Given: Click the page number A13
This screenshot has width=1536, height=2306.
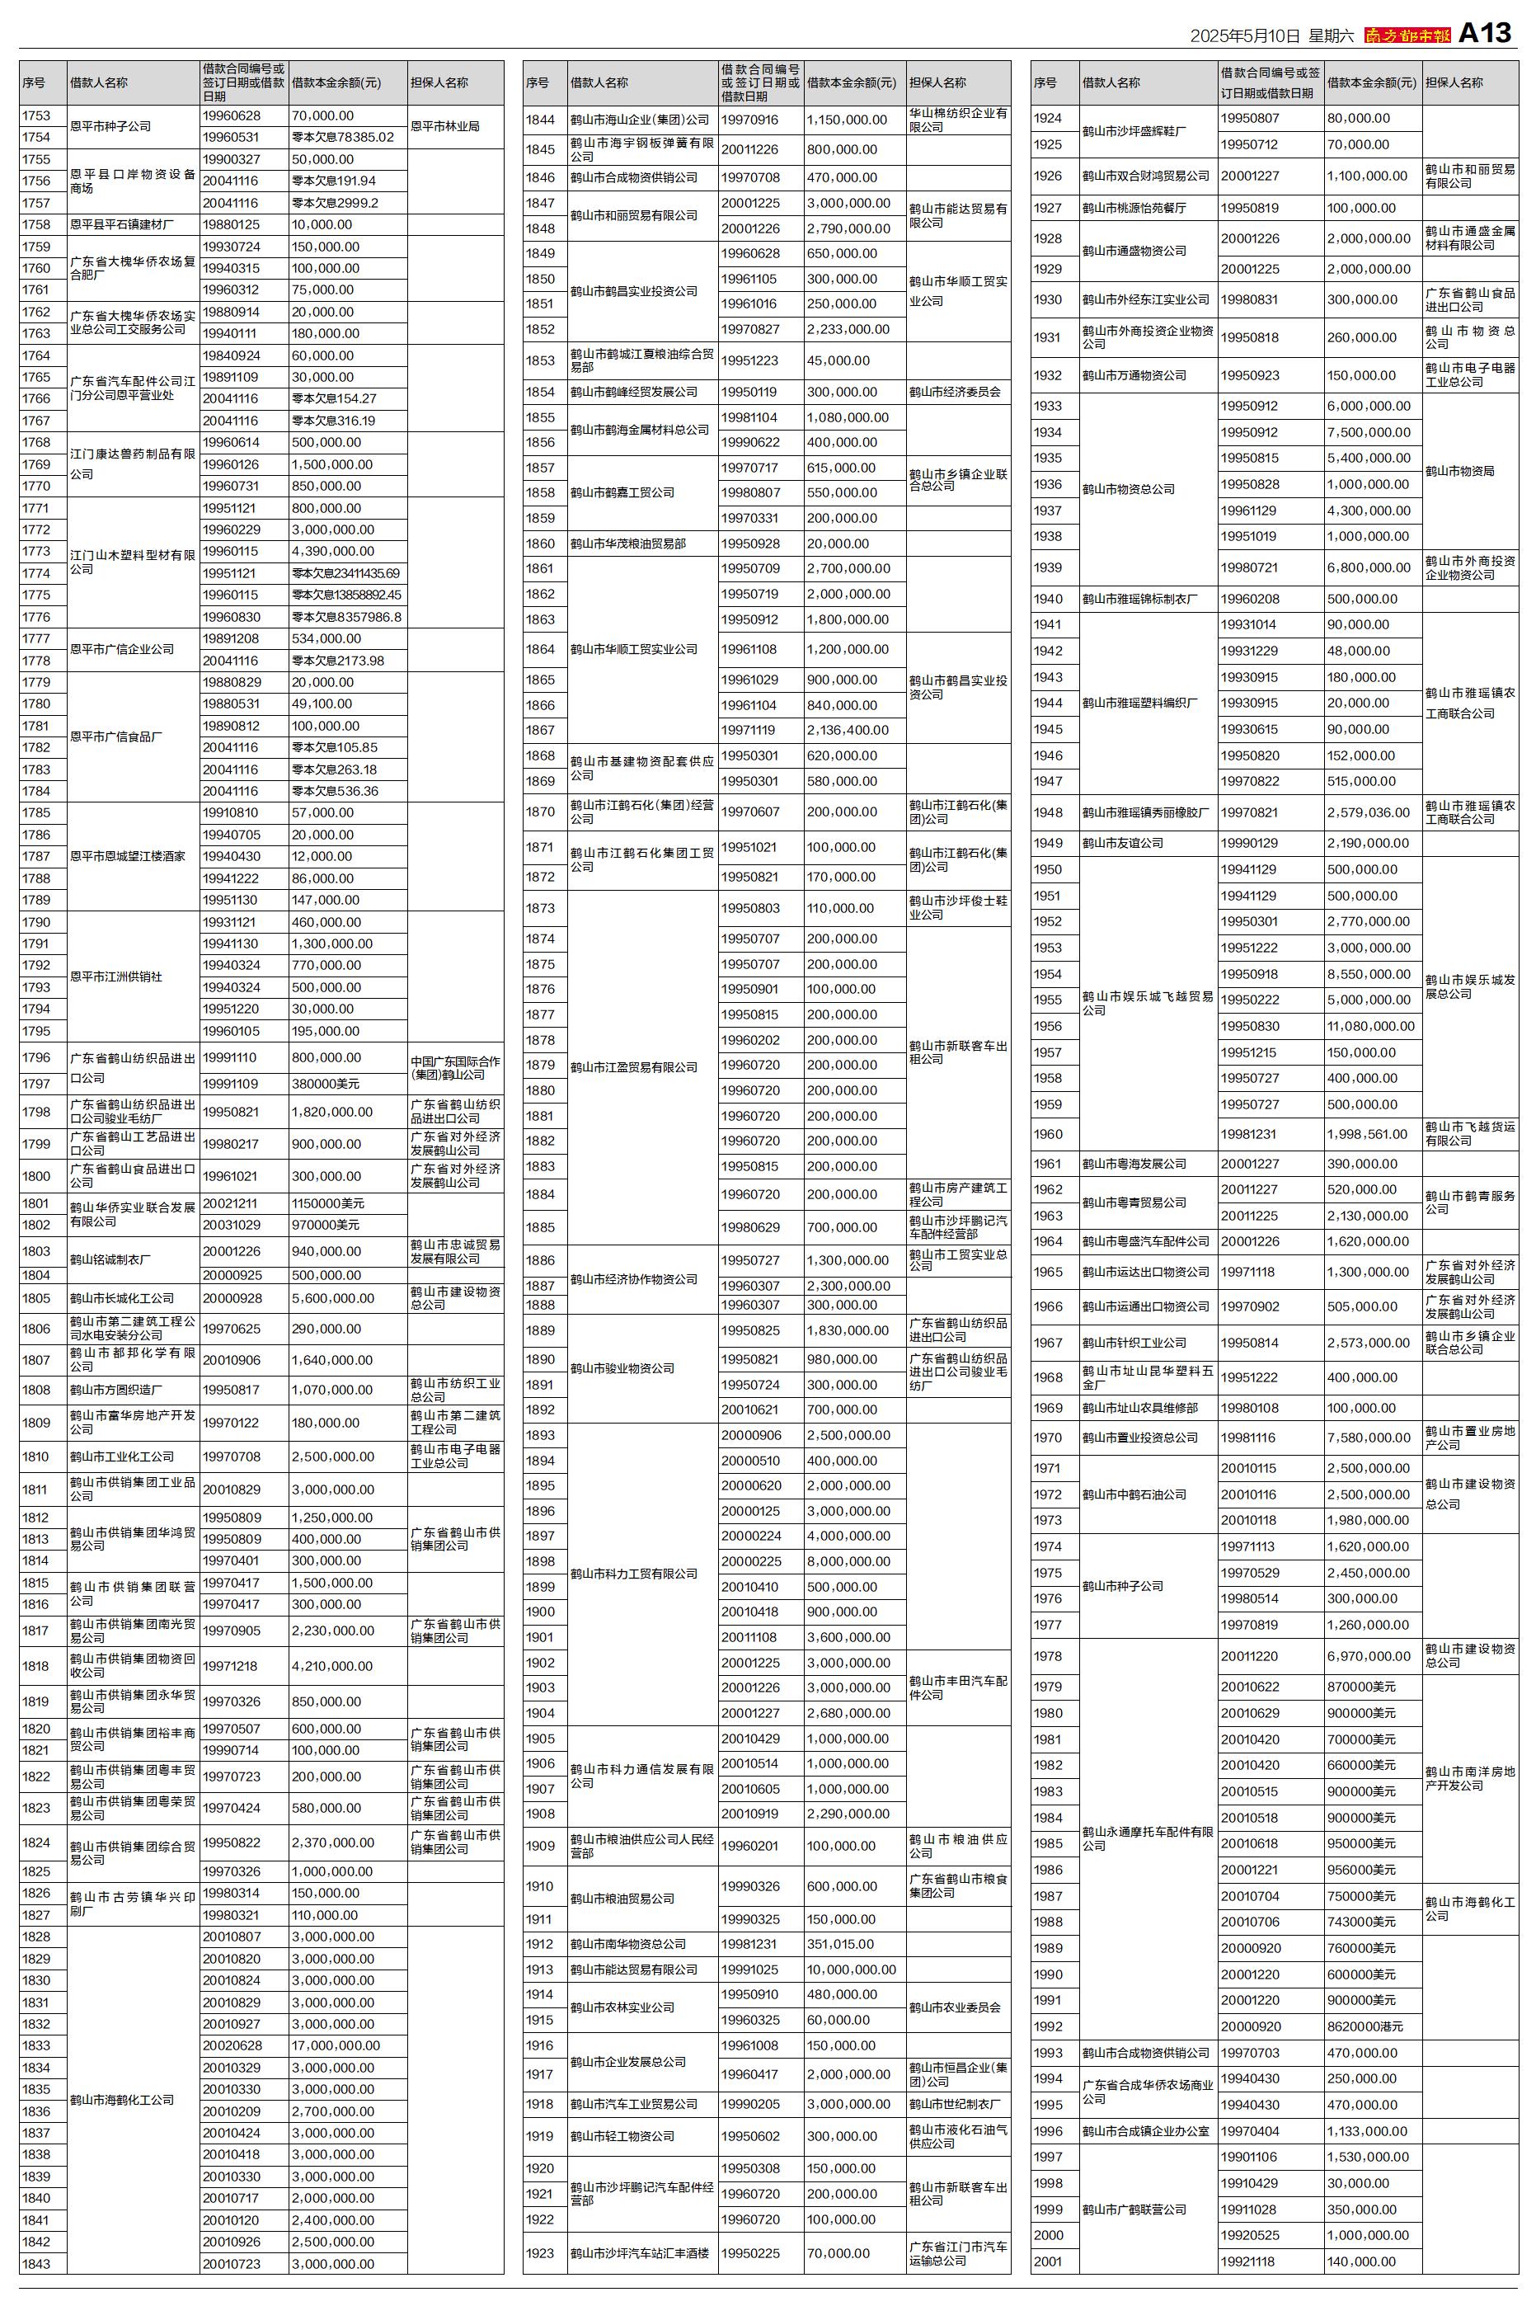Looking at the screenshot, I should pos(1485,33).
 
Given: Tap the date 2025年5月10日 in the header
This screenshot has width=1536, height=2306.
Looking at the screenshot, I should pos(1244,36).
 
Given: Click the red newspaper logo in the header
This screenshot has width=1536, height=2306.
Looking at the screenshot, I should pos(1407,35).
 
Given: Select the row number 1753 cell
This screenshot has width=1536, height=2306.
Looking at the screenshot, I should pos(36,115).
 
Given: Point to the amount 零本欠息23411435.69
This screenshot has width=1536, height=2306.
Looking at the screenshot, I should pos(345,573).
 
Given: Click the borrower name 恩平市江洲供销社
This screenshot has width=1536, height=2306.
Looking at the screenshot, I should pos(115,977).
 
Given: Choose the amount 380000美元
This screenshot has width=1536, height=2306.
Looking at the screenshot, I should pos(325,1084).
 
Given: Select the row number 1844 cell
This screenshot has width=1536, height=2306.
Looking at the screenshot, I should pos(540,120).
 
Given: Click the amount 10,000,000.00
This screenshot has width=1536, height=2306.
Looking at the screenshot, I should pos(851,1969).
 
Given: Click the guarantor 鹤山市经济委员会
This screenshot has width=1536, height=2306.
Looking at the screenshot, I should pos(955,392).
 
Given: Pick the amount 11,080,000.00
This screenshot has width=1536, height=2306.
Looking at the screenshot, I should pos(1370,1026).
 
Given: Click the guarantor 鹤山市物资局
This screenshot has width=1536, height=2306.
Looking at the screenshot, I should pos(1459,471).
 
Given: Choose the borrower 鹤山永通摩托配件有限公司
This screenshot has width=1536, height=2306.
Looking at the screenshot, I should pos(1148,1838).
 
